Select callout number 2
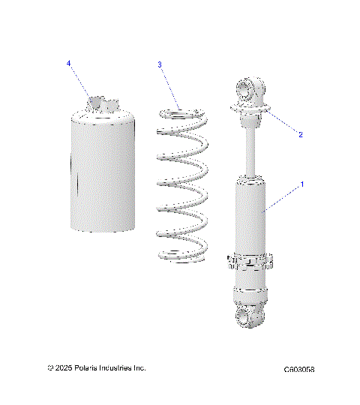pyautogui.click(x=301, y=135)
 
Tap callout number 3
pyautogui.click(x=160, y=65)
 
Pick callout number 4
pyautogui.click(x=69, y=64)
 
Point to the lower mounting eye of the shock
pyautogui.click(x=247, y=316)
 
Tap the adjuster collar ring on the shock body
pyautogui.click(x=250, y=262)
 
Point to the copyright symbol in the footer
pyautogui.click(x=49, y=368)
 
